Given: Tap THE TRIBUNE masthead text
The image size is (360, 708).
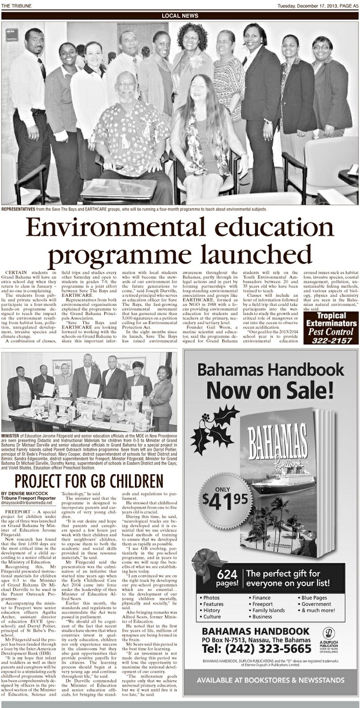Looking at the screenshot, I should pyautogui.click(x=16, y=5).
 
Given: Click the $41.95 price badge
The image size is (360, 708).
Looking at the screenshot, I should pyautogui.click(x=224, y=500).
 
